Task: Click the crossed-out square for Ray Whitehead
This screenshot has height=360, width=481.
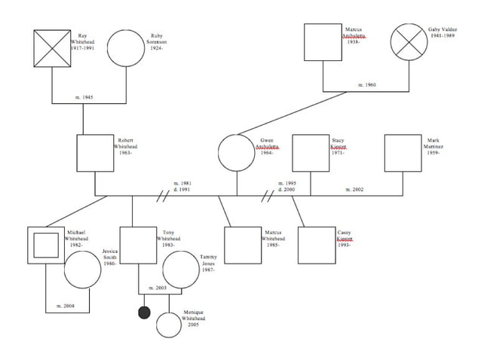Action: pos(52,48)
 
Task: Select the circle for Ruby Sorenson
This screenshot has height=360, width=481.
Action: pos(125,48)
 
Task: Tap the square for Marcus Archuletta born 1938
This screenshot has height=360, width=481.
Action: pos(323,43)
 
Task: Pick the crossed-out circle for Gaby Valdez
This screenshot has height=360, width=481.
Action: pos(409,43)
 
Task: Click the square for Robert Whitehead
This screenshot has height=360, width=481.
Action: pos(95,153)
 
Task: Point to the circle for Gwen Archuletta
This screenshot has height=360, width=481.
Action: pos(237,153)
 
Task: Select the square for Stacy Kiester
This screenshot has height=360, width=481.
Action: pos(311,153)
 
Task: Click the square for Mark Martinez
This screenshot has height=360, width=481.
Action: pos(403,153)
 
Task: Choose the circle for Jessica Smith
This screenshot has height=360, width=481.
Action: pos(82,270)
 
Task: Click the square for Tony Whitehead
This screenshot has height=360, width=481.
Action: pos(139,245)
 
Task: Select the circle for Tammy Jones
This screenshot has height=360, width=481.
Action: pos(181,270)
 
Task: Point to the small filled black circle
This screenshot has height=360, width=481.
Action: pos(144,312)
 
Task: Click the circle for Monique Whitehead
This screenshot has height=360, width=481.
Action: pos(168,325)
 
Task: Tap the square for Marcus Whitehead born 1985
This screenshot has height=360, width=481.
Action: pos(243,245)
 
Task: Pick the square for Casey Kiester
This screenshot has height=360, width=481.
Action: pos(316,245)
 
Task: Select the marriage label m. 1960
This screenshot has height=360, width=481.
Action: pos(366,85)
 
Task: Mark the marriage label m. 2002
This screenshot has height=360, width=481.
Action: pos(354,189)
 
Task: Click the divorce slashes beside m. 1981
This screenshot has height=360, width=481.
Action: pos(161,197)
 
